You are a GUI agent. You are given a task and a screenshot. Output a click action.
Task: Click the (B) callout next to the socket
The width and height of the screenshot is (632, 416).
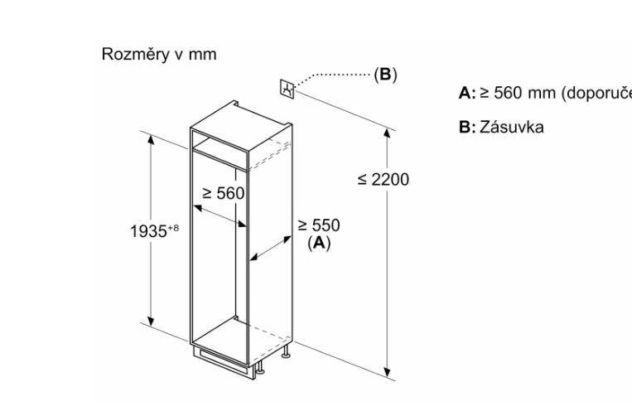point(385,75)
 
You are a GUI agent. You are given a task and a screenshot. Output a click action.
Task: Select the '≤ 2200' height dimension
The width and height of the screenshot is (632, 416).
point(382,180)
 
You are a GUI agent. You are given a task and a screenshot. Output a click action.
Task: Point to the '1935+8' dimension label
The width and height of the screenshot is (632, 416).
point(154,231)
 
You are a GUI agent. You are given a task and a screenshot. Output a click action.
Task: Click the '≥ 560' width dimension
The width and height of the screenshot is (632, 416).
point(225,193)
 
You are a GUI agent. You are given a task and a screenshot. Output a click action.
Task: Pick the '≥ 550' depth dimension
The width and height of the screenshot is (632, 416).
point(319,225)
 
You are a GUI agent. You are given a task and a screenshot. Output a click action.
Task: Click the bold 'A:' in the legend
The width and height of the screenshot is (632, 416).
point(466,93)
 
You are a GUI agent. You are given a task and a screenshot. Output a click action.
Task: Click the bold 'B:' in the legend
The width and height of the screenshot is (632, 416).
point(466,128)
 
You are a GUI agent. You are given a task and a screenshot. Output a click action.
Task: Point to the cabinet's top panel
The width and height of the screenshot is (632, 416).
point(240,116)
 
